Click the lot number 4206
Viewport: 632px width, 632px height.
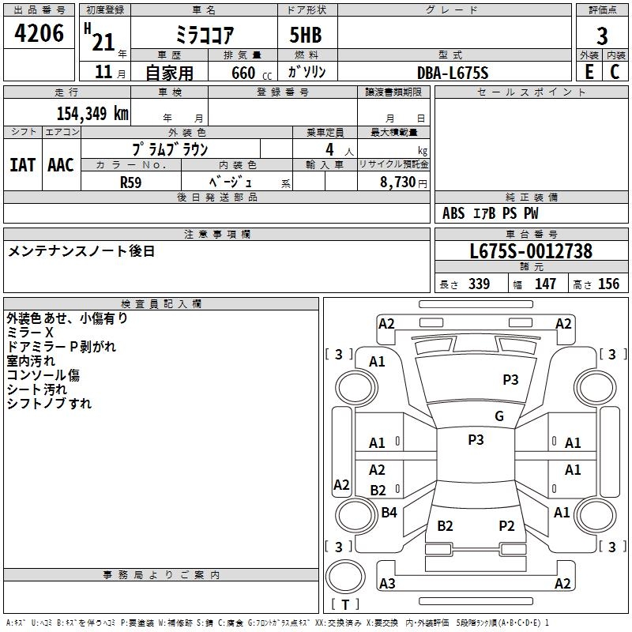(x=39, y=33)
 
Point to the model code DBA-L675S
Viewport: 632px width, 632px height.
(x=453, y=73)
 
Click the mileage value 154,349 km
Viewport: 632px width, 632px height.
(x=92, y=113)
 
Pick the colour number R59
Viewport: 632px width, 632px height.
(x=131, y=182)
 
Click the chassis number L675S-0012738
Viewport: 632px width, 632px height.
(x=531, y=251)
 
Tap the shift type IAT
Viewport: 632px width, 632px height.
(x=23, y=165)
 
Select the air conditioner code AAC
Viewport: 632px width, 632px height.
(x=61, y=165)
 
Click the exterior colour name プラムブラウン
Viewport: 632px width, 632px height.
(x=169, y=149)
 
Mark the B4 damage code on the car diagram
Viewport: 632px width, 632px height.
(x=389, y=513)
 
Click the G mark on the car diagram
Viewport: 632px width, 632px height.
(x=499, y=416)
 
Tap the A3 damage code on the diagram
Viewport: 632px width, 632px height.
(x=387, y=584)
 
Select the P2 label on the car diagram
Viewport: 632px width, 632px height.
(x=506, y=525)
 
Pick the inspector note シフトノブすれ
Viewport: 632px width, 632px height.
(x=49, y=404)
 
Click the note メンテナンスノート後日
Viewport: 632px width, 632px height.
(x=81, y=251)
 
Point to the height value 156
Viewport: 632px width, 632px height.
(x=608, y=284)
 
